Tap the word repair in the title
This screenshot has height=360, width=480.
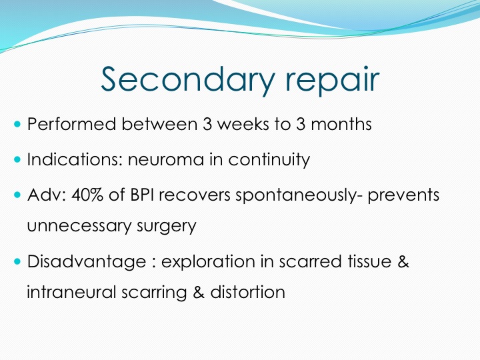click(333, 81)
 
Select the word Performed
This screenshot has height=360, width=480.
click(71, 124)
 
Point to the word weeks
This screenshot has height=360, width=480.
click(243, 124)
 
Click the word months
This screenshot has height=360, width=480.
click(341, 124)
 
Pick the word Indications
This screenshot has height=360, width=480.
click(75, 159)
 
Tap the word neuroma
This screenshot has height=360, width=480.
click(166, 160)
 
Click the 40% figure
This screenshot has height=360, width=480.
click(87, 195)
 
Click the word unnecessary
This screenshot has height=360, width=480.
click(79, 227)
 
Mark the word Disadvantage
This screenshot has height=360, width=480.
click(87, 262)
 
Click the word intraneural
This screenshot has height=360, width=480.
click(71, 292)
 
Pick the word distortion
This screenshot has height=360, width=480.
click(247, 292)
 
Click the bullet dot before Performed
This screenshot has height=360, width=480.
click(17, 124)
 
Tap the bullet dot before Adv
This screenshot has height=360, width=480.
click(17, 195)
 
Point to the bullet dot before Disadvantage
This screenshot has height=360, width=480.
click(17, 261)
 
